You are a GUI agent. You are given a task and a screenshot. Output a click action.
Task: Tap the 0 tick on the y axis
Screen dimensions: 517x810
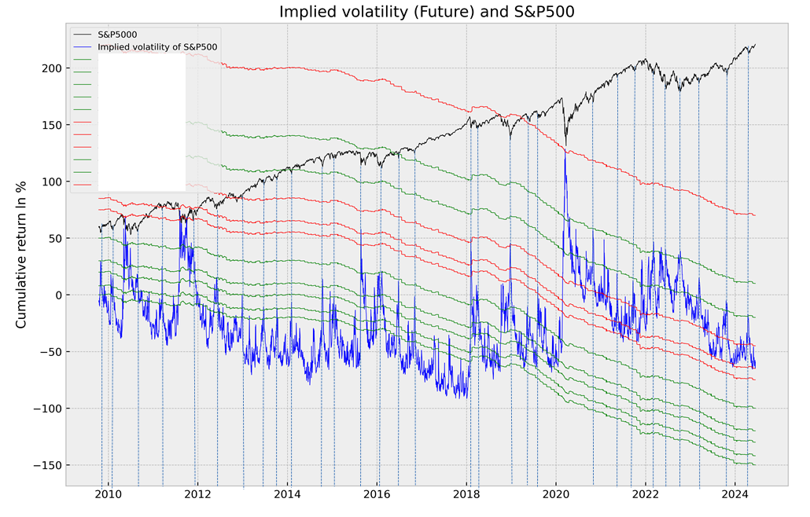(56, 295)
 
